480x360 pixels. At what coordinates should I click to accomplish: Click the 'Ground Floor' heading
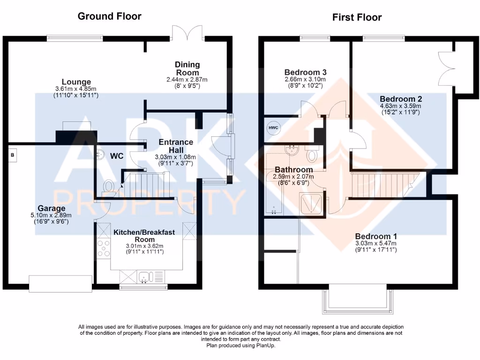109,16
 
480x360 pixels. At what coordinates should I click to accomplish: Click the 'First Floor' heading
357,17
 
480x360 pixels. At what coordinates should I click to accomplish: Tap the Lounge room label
75,82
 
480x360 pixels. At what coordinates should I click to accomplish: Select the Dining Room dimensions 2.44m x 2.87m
187,80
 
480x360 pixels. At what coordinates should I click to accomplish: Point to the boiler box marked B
13,155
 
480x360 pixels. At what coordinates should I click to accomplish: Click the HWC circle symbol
273,128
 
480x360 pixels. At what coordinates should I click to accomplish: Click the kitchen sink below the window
145,277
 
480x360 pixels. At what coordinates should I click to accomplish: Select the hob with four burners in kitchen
103,248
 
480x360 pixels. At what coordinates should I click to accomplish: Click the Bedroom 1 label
375,236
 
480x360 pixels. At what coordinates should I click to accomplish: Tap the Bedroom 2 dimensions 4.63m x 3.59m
401,106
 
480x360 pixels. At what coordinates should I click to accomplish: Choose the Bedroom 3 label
305,72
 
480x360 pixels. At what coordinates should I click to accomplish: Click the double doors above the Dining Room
187,33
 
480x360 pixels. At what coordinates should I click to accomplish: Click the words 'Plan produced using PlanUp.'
241,345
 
